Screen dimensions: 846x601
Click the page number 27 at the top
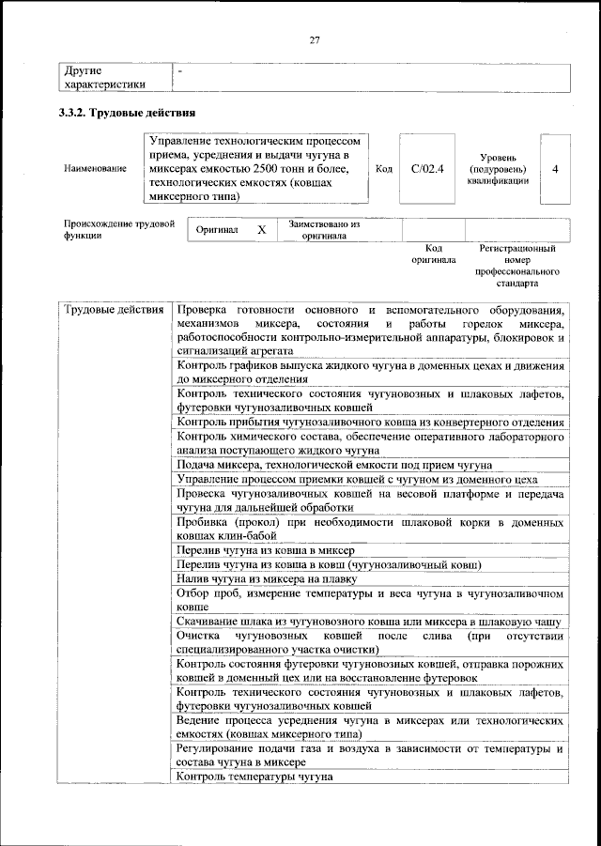point(315,38)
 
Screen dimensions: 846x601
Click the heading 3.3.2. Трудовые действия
point(128,113)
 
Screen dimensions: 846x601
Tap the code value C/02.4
point(427,169)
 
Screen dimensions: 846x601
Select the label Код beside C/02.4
point(383,169)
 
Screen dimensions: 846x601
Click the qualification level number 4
point(556,169)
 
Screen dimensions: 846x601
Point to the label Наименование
point(95,169)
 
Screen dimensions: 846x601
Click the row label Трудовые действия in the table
point(115,310)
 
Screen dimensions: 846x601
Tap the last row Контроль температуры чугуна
point(254,777)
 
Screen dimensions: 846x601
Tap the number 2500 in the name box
point(267,169)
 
